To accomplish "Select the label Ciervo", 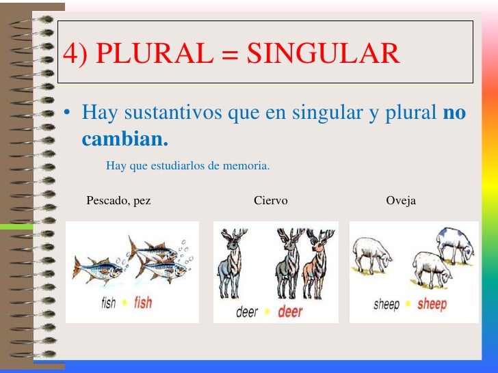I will tap(270, 201).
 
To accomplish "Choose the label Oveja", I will tap(401, 201).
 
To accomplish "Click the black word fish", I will tap(109, 302).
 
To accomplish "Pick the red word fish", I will tap(143, 301).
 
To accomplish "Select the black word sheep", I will tap(386, 304).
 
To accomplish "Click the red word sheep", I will tap(432, 304).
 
